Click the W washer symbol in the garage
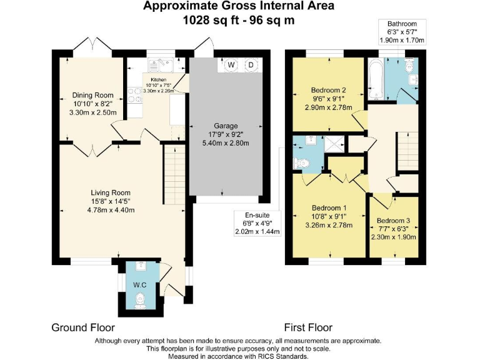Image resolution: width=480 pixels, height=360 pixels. click(231, 64)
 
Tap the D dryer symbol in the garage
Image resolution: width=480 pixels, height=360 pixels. click(251, 64)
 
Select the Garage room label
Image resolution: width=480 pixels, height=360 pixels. click(226, 126)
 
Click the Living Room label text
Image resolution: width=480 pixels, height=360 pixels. click(111, 193)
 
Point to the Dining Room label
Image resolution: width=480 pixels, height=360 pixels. click(92, 95)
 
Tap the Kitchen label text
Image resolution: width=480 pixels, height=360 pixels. click(159, 80)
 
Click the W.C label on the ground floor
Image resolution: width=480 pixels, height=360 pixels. click(139, 285)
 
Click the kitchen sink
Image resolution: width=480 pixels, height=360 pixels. click(161, 65)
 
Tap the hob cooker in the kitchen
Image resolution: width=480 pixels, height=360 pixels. click(135, 95)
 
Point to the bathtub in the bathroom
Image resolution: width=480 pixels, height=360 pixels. click(376, 79)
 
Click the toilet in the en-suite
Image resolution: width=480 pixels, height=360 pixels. click(301, 164)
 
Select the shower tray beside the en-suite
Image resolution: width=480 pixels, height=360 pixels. click(334, 144)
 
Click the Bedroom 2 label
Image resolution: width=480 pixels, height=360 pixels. click(329, 90)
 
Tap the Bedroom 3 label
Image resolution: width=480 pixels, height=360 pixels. click(393, 221)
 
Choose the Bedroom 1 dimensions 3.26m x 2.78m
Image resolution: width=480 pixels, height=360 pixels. click(329, 226)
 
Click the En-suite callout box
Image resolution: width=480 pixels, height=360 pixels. click(257, 224)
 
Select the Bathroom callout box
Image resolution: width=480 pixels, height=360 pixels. click(402, 32)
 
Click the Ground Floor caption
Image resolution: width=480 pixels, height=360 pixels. click(83, 327)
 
